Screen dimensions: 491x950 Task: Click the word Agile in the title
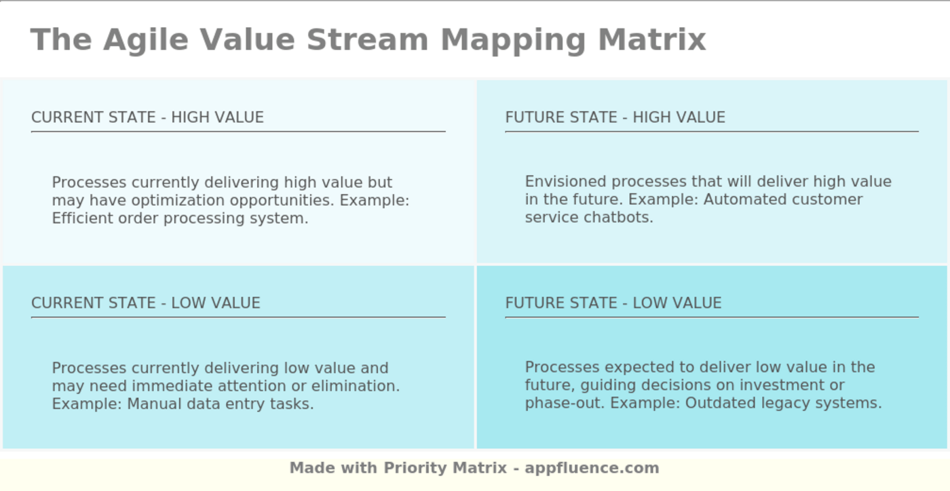click(x=146, y=39)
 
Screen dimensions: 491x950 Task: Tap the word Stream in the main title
click(x=367, y=39)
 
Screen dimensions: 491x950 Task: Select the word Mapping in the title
click(x=513, y=39)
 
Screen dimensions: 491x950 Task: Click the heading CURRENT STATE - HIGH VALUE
click(x=147, y=117)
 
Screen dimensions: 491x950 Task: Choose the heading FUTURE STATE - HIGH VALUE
click(x=615, y=117)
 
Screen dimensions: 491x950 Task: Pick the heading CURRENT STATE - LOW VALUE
click(x=145, y=303)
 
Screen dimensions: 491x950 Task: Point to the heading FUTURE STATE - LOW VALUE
click(x=613, y=303)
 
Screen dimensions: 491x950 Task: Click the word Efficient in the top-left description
click(x=81, y=218)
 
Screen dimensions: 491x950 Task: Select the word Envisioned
click(x=565, y=182)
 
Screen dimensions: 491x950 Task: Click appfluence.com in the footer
click(x=591, y=468)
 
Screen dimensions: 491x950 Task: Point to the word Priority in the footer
click(x=414, y=468)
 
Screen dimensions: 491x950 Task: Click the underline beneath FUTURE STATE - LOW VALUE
click(x=711, y=317)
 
